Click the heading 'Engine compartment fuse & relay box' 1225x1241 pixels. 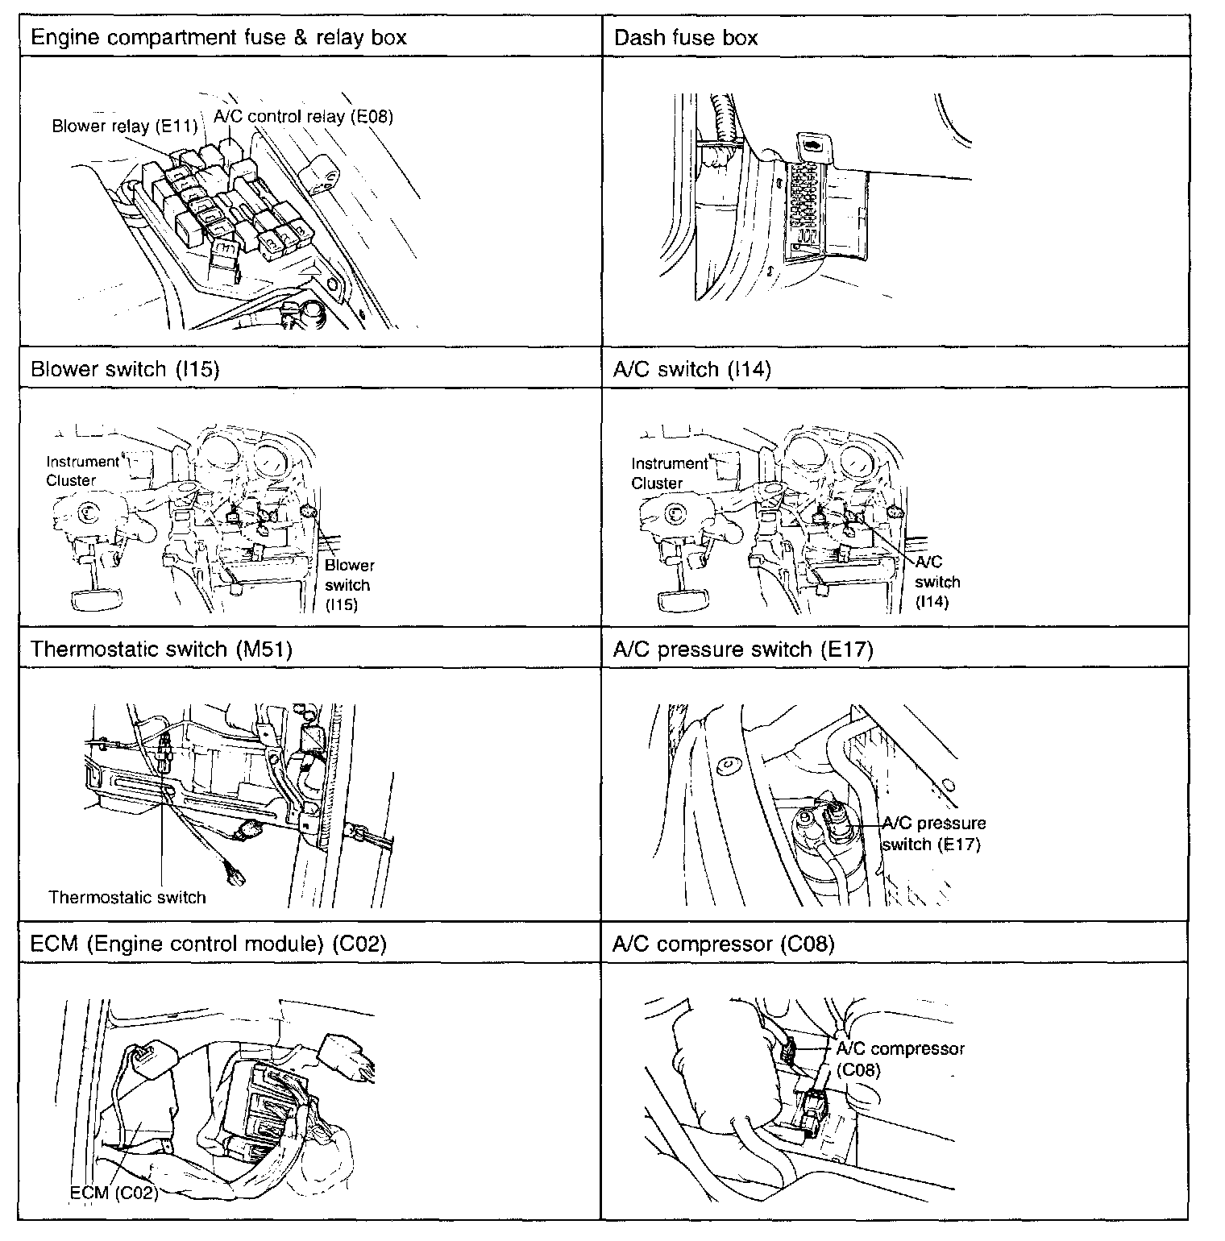coord(218,38)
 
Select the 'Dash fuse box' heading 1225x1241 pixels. coord(685,38)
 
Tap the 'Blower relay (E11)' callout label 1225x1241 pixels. coord(124,127)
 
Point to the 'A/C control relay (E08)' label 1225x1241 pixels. coord(303,116)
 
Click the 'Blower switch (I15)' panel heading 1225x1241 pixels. coord(125,369)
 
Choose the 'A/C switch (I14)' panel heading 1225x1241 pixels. coord(691,369)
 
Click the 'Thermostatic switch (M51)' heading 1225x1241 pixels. coord(161,649)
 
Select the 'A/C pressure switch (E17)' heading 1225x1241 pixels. coord(742,649)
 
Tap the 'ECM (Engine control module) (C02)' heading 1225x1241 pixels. coord(208,944)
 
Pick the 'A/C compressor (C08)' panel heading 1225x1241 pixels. coord(723,944)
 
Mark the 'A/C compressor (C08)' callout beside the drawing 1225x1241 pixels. coord(899,1059)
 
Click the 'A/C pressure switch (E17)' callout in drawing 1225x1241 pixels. coord(933,834)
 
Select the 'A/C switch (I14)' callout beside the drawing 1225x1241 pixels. coord(937,582)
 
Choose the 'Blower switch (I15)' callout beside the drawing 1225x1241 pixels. coord(348,585)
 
